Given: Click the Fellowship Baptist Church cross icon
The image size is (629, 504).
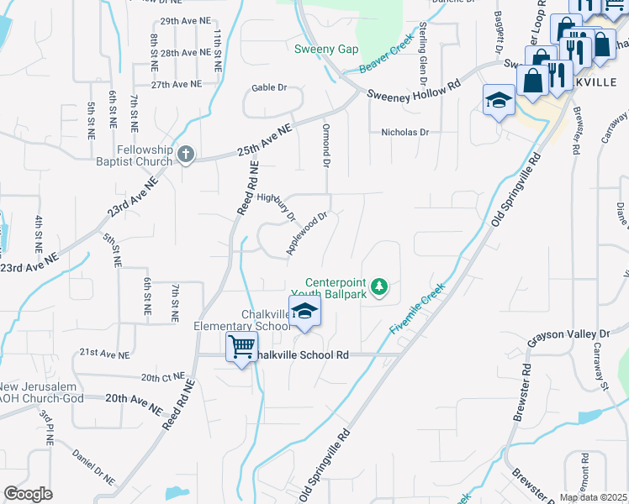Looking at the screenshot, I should click(x=187, y=155).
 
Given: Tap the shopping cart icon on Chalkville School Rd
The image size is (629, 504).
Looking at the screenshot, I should click(x=241, y=346).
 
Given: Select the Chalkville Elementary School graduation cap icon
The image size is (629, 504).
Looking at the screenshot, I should click(x=304, y=312).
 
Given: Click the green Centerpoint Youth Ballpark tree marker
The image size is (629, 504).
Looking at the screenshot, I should click(x=379, y=287).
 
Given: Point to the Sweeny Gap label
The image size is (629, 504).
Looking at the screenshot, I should click(x=326, y=49).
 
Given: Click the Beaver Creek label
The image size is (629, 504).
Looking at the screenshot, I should click(x=388, y=52).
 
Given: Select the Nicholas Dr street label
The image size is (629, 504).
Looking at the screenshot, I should click(x=405, y=132).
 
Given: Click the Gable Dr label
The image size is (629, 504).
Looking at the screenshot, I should click(x=269, y=87).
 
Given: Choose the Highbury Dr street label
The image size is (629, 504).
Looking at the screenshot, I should click(x=277, y=206).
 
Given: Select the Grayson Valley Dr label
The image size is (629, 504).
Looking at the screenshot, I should click(x=568, y=337).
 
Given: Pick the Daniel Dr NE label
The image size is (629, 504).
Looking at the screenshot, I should click(x=92, y=465).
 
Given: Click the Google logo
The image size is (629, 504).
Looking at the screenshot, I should click(x=28, y=494).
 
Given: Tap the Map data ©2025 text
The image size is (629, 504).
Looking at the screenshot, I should click(x=594, y=497).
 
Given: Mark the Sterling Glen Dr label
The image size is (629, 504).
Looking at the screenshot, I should click(x=422, y=55).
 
